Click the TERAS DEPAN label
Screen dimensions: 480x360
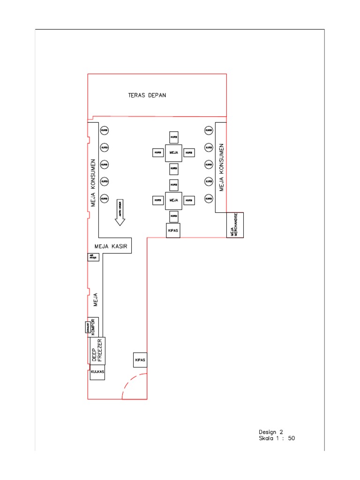147,95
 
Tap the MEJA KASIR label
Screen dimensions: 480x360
112,246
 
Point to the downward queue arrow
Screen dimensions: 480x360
120,213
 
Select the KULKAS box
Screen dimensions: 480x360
97,373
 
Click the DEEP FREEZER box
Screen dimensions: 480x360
97,351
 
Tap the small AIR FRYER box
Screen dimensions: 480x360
93,257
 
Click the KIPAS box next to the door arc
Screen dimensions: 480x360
140,360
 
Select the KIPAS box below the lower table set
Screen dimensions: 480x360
173,231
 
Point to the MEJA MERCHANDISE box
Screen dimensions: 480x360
235,225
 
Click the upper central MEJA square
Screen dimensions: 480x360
173,153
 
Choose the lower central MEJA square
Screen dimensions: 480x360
173,200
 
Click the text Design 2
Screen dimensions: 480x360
271,432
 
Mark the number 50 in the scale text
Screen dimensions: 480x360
291,439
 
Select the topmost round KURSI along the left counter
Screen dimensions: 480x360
105,130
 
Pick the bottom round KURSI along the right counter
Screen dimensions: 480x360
208,198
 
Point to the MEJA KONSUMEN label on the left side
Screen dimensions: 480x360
93,182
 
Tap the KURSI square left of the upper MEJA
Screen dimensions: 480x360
157,153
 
